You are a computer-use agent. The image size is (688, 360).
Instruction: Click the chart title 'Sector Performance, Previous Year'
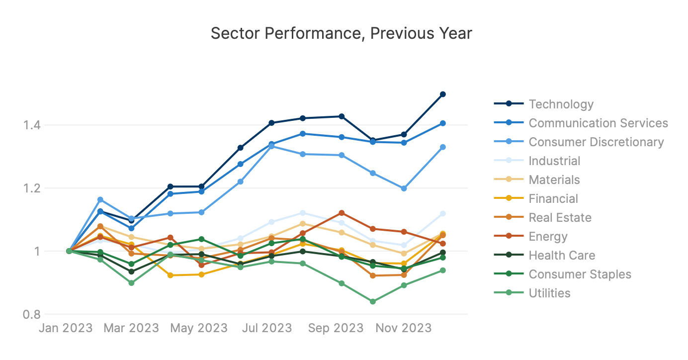click(x=341, y=33)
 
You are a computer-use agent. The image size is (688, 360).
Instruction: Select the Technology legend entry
click(x=561, y=104)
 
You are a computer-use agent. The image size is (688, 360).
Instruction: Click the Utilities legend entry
click(x=549, y=293)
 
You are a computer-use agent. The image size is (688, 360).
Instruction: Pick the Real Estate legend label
click(x=560, y=218)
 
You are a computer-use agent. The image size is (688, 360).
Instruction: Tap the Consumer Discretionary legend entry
click(x=596, y=142)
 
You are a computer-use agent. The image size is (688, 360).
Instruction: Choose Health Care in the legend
click(x=562, y=256)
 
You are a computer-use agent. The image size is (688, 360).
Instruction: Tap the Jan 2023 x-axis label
click(x=66, y=328)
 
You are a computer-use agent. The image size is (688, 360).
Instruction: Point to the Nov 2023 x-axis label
click(x=403, y=328)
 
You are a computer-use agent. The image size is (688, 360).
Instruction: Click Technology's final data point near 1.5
click(x=442, y=94)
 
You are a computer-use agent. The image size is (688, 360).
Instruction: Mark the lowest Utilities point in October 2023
click(x=372, y=301)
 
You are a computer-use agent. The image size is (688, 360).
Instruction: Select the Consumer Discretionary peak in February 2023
click(x=100, y=199)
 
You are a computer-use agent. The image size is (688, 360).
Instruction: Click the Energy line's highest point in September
click(x=341, y=213)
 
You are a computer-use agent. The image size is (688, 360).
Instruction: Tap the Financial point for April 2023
click(x=171, y=275)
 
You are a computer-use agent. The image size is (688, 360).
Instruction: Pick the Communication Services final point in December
click(x=442, y=123)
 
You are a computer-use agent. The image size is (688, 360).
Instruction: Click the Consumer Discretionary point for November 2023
click(x=404, y=188)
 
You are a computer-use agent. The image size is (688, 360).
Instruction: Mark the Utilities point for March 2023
click(x=131, y=283)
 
